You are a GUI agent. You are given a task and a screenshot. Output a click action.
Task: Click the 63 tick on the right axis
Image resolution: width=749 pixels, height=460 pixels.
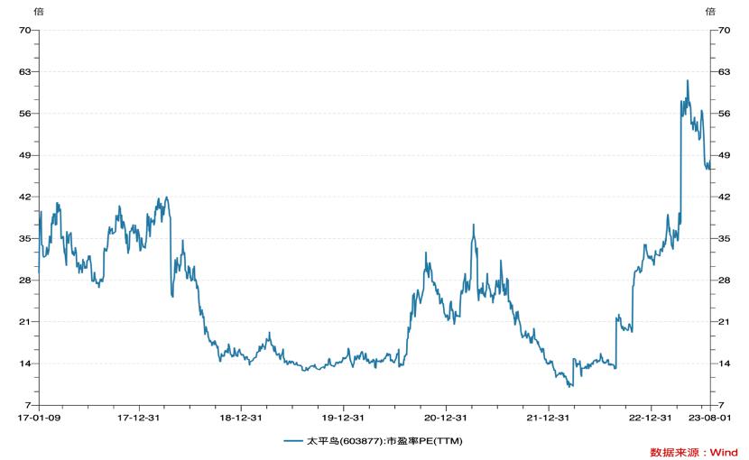tap(724, 71)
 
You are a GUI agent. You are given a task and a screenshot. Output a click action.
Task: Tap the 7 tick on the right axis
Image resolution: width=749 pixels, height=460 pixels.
tap(721, 405)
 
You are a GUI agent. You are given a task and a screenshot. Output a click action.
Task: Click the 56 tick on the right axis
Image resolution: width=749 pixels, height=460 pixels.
tap(724, 114)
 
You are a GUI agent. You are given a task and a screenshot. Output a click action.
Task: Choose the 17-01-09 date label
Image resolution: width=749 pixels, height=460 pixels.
tap(38, 419)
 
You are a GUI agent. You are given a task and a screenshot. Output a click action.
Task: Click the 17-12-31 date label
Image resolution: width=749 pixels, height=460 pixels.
tap(140, 419)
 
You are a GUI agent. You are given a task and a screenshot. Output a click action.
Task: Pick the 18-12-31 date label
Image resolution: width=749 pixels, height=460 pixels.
tap(242, 419)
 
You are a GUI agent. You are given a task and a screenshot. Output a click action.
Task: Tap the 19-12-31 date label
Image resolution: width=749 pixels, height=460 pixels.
tap(345, 419)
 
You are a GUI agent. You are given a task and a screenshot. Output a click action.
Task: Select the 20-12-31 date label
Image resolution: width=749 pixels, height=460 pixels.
tap(447, 419)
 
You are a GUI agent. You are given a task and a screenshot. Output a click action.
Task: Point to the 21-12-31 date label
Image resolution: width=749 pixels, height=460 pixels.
tap(549, 419)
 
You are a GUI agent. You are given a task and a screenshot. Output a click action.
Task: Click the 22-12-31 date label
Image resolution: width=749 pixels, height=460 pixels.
tap(651, 419)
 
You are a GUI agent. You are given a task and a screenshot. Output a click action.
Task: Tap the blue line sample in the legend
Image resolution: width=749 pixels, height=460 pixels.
tap(292, 441)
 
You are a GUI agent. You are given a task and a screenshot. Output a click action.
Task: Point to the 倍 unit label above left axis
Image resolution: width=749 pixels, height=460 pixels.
tap(38, 12)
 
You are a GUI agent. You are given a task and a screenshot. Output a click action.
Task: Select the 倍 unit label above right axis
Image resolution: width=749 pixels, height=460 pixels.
tap(710, 12)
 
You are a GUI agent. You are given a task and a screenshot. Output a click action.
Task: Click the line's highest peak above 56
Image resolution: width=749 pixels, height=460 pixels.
tap(687, 80)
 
